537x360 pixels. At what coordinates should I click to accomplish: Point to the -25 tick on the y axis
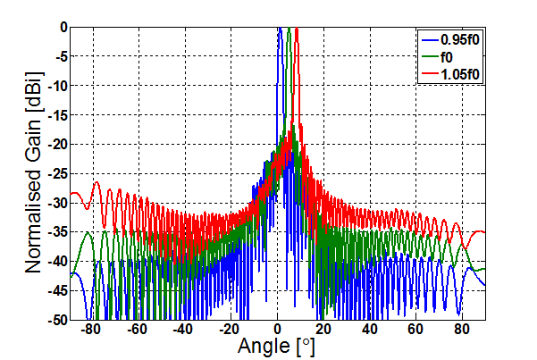(x=56, y=173)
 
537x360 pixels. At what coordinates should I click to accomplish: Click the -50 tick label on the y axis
(x=56, y=319)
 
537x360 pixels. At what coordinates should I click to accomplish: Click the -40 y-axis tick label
(x=56, y=261)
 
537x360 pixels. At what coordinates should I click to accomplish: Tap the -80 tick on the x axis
(x=90, y=329)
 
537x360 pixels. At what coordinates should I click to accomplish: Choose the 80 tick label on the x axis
(x=461, y=329)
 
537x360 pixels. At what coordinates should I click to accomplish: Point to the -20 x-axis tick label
(x=229, y=329)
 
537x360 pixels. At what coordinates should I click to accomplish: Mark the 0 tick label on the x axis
(x=277, y=329)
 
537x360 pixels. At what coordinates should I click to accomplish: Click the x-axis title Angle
(x=278, y=347)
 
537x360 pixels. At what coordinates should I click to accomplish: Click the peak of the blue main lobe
(x=280, y=29)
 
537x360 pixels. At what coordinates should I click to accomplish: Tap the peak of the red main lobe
(x=297, y=29)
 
